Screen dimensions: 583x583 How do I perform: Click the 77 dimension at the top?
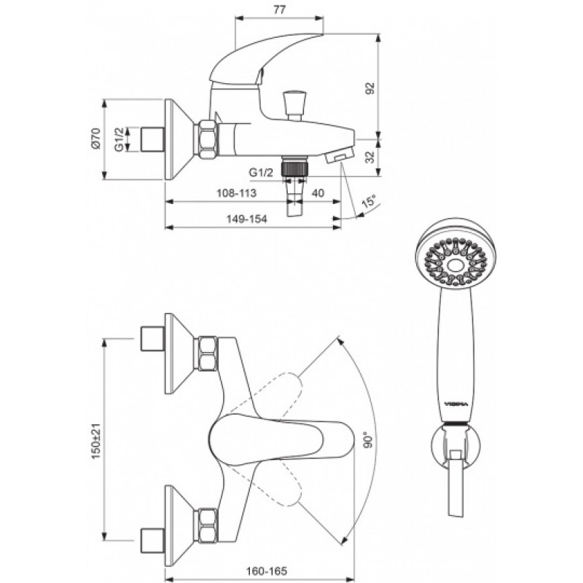coord(279,9)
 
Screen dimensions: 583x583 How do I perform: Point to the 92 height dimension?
coord(370,88)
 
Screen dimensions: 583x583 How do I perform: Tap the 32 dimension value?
coord(370,157)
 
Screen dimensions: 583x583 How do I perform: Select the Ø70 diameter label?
coord(96,138)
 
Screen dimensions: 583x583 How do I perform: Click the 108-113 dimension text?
coord(236,193)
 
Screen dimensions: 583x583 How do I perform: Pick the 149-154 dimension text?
coord(247,219)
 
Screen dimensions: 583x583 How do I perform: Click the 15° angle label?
coord(369,202)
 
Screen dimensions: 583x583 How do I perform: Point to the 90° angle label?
coord(368,440)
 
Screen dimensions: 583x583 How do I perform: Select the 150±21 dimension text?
coord(96,442)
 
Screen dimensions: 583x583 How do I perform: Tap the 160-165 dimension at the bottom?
coord(267,571)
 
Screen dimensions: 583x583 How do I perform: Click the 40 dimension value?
coord(318,193)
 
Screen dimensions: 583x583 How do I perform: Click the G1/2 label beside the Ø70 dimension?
coord(119,139)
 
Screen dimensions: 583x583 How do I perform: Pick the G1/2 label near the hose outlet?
coord(261,173)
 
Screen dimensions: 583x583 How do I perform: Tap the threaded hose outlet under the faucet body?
coord(295,166)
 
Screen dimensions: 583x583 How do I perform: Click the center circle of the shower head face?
coord(455,265)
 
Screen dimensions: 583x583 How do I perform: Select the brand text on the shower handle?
coord(457,404)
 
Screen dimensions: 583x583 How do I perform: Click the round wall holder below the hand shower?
coord(455,446)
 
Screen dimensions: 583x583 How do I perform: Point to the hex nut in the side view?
coord(206,140)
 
